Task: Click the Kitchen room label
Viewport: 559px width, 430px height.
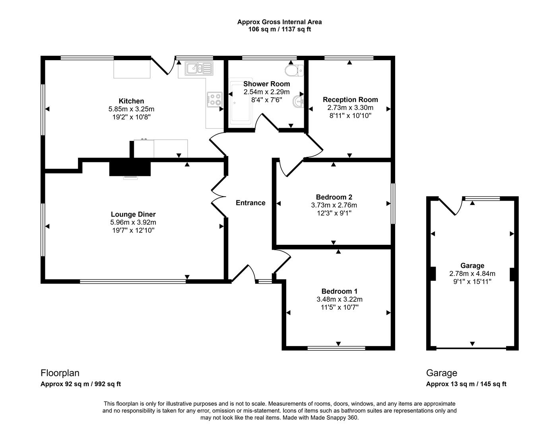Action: tap(131, 101)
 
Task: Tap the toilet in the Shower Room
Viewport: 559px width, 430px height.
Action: tap(294, 70)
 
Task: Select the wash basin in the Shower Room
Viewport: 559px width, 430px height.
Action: tap(298, 101)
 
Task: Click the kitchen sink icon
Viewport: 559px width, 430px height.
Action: tap(199, 68)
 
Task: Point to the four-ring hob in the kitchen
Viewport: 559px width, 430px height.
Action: tap(215, 99)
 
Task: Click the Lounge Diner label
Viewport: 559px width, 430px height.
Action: tap(133, 215)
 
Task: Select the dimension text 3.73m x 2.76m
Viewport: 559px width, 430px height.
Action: tap(334, 205)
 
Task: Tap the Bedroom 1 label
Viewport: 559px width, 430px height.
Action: tap(337, 291)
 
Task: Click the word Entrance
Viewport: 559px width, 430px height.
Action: tap(250, 203)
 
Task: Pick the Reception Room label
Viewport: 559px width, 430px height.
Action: tap(350, 100)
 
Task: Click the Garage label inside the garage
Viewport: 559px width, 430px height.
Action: tap(472, 266)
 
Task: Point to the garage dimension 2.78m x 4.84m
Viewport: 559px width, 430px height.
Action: tap(472, 274)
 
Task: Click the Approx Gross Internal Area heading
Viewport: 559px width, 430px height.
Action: tap(279, 22)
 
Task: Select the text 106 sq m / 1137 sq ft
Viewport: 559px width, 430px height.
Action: tap(279, 29)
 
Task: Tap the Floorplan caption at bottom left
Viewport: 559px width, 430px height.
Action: tap(60, 373)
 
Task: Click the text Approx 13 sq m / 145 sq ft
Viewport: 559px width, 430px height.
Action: tap(466, 384)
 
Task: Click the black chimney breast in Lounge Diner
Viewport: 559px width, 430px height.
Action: tap(130, 167)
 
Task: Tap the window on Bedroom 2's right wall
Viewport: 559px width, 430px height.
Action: tap(393, 203)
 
